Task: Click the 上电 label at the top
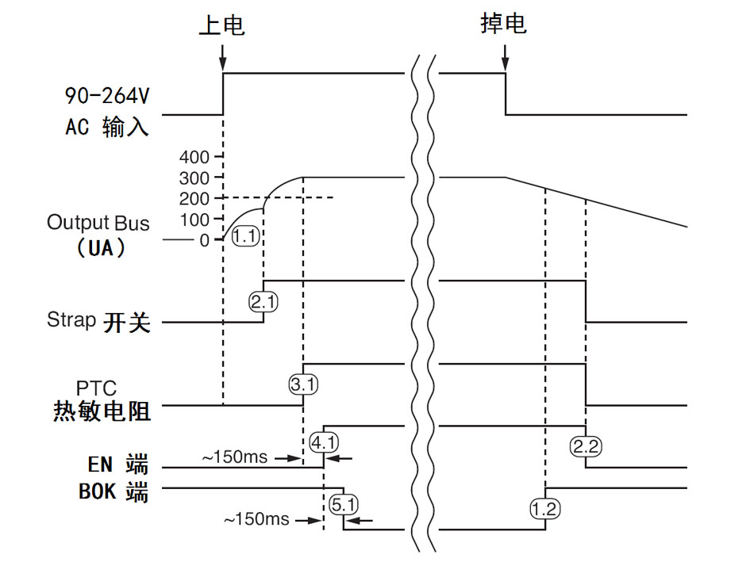pyautogui.click(x=221, y=25)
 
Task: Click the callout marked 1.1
pyautogui.click(x=247, y=235)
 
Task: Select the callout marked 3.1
pyautogui.click(x=303, y=385)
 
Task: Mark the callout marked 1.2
pyautogui.click(x=545, y=508)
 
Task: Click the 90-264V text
pyautogui.click(x=106, y=96)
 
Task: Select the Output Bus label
pyautogui.click(x=98, y=222)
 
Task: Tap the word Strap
pyautogui.click(x=71, y=320)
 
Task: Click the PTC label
pyautogui.click(x=96, y=388)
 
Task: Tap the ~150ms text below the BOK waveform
pyautogui.click(x=256, y=520)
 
